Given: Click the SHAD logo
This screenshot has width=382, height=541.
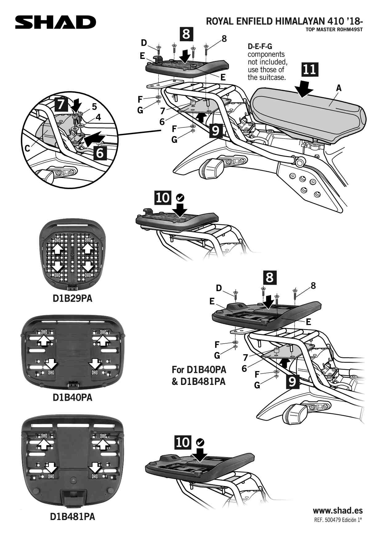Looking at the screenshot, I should click(x=55, y=22).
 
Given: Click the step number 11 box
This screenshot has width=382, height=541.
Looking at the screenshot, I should click(x=309, y=70).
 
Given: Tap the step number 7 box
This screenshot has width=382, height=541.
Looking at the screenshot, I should click(x=61, y=104).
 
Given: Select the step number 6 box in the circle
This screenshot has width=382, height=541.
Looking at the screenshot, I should click(x=100, y=153).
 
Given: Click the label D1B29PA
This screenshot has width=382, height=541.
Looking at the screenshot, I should click(x=72, y=299).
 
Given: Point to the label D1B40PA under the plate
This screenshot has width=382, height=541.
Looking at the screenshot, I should click(x=72, y=397).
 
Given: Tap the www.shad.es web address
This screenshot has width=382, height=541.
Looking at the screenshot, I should click(x=338, y=511).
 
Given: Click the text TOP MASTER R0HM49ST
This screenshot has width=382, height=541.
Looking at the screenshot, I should click(x=334, y=30).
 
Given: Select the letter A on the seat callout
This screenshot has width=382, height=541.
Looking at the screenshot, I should click(x=339, y=88).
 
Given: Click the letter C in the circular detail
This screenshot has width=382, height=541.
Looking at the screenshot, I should click(x=27, y=149).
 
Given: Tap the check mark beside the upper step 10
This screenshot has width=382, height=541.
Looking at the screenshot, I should click(x=180, y=197).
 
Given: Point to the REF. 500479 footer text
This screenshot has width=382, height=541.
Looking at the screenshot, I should click(x=338, y=520).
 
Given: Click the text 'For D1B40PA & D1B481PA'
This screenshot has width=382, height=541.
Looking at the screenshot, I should click(x=199, y=375).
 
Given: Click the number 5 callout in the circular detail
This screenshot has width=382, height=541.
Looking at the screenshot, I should click(x=94, y=107).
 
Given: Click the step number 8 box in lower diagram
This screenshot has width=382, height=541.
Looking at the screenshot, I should click(x=270, y=277).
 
